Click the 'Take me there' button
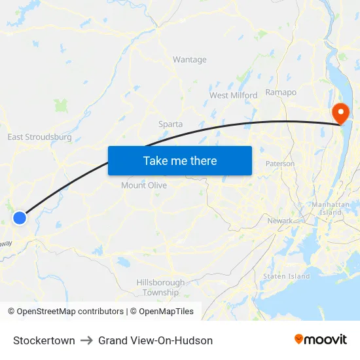pyautogui.click(x=180, y=160)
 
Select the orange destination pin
pyautogui.click(x=340, y=113)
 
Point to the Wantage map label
pyautogui.click(x=190, y=60)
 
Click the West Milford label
pyautogui.click(x=233, y=96)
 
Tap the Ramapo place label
pyautogui.click(x=281, y=93)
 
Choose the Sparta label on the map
pyautogui.click(x=170, y=124)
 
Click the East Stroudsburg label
pyautogui.click(x=39, y=137)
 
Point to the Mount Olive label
pyautogui.click(x=144, y=185)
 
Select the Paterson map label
pyautogui.click(x=280, y=164)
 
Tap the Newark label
pyautogui.click(x=280, y=221)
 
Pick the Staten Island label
pyautogui.click(x=286, y=276)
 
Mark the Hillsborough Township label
pyautogui.click(x=160, y=287)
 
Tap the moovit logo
pyautogui.click(x=320, y=339)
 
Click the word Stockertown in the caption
pyautogui.click(x=44, y=340)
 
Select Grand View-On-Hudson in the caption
pyautogui.click(x=155, y=340)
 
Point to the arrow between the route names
pyautogui.click(x=87, y=340)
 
